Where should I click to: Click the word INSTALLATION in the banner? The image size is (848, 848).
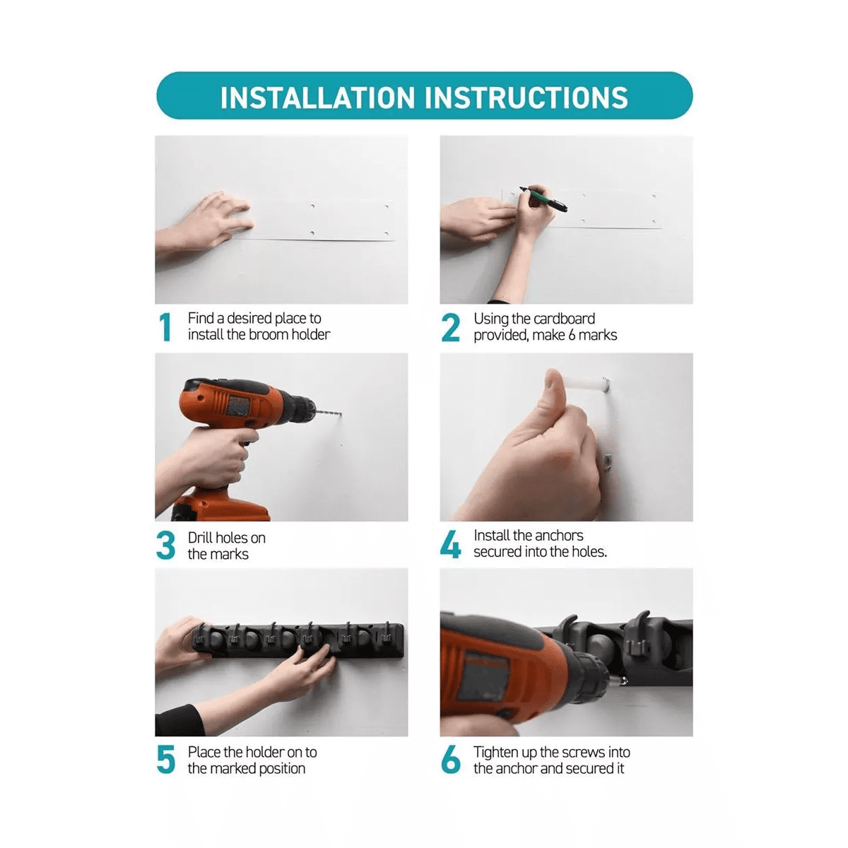pos(317,97)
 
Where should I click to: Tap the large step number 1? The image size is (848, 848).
pos(165,326)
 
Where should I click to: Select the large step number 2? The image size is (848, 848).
pos(450,327)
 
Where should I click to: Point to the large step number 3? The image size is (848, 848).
pos(165,545)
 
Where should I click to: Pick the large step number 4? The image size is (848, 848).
pos(450,544)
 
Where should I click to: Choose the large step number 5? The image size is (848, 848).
pos(165,759)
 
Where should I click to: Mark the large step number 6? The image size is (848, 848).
pos(450,759)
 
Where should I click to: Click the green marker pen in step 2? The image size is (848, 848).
pos(543,199)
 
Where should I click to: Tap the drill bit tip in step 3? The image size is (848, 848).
pos(341,414)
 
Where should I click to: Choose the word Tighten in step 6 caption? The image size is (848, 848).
pos(496,753)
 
